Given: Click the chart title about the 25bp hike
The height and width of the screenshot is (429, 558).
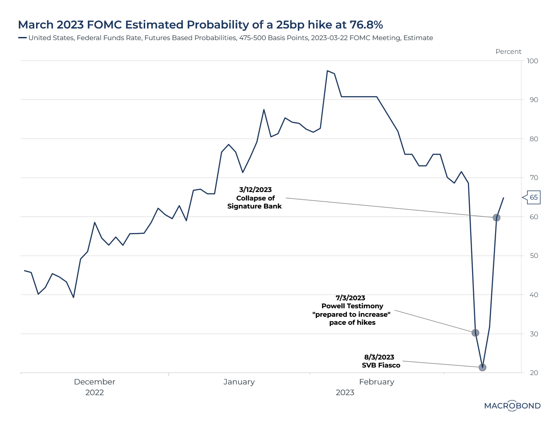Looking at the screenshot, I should (200, 25).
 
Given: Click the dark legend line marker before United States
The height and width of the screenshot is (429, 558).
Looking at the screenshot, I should (22, 38).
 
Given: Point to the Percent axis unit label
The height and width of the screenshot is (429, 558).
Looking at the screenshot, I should (508, 52).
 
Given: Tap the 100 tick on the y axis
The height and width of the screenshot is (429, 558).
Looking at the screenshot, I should (532, 61).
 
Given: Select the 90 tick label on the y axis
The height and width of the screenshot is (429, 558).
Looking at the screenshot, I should (534, 100).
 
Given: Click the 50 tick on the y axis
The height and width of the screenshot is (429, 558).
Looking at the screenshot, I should (534, 256).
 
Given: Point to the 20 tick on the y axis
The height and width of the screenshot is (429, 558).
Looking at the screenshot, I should (534, 373).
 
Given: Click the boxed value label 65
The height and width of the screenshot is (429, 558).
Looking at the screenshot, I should (534, 197).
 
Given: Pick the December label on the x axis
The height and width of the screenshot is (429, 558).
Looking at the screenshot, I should (94, 382).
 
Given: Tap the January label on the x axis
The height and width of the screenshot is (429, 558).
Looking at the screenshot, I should (239, 382).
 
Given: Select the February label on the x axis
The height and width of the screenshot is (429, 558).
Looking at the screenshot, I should (376, 382).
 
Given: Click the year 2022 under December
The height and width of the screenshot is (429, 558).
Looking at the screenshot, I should (94, 392).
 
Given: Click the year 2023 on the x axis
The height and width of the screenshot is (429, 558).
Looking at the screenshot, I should (345, 392).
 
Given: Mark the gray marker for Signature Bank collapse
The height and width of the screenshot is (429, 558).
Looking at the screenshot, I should (497, 218).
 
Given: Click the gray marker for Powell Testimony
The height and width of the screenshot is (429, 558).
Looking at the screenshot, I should (475, 333).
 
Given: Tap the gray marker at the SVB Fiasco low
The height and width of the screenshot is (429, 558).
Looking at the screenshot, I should (482, 368).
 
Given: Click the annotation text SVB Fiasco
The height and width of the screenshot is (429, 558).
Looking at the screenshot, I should (381, 365).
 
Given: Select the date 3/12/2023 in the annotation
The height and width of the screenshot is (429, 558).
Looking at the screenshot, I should (255, 190).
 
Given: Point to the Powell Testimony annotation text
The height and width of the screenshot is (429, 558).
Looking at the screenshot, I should (352, 306).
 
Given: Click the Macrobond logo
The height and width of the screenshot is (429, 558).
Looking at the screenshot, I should (512, 406).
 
